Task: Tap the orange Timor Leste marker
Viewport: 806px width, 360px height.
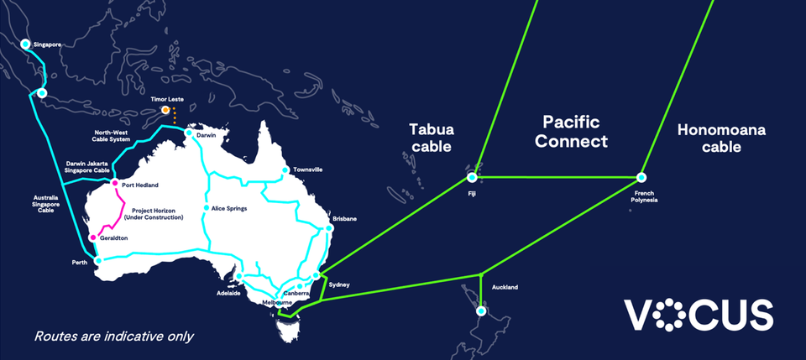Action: pyautogui.click(x=166, y=110)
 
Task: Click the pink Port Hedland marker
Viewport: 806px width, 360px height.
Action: pyautogui.click(x=115, y=183)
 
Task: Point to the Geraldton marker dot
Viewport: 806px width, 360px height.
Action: pyautogui.click(x=94, y=237)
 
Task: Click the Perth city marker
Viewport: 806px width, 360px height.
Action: pyautogui.click(x=99, y=260)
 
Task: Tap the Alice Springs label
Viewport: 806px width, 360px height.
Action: pyautogui.click(x=229, y=208)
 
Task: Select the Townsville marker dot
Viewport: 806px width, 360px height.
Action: pyautogui.click(x=285, y=170)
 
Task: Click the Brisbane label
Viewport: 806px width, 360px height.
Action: pyautogui.click(x=344, y=218)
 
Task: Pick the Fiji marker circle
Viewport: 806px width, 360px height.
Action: pyautogui.click(x=472, y=177)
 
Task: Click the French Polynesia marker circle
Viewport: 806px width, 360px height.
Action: pyautogui.click(x=641, y=177)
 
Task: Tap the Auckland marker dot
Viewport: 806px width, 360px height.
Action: pyautogui.click(x=480, y=310)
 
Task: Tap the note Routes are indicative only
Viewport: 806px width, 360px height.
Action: pyautogui.click(x=114, y=337)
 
